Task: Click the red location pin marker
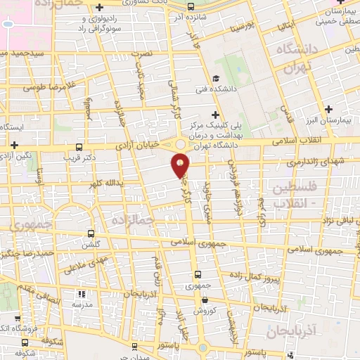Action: pos(180,165)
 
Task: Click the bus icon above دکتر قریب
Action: pos(80,148)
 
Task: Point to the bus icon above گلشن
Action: pos(90,233)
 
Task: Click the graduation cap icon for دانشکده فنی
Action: pos(217,77)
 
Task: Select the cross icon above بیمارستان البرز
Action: pos(328,108)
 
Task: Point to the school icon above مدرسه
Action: pos(80,294)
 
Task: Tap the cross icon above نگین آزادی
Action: pos(14,143)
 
